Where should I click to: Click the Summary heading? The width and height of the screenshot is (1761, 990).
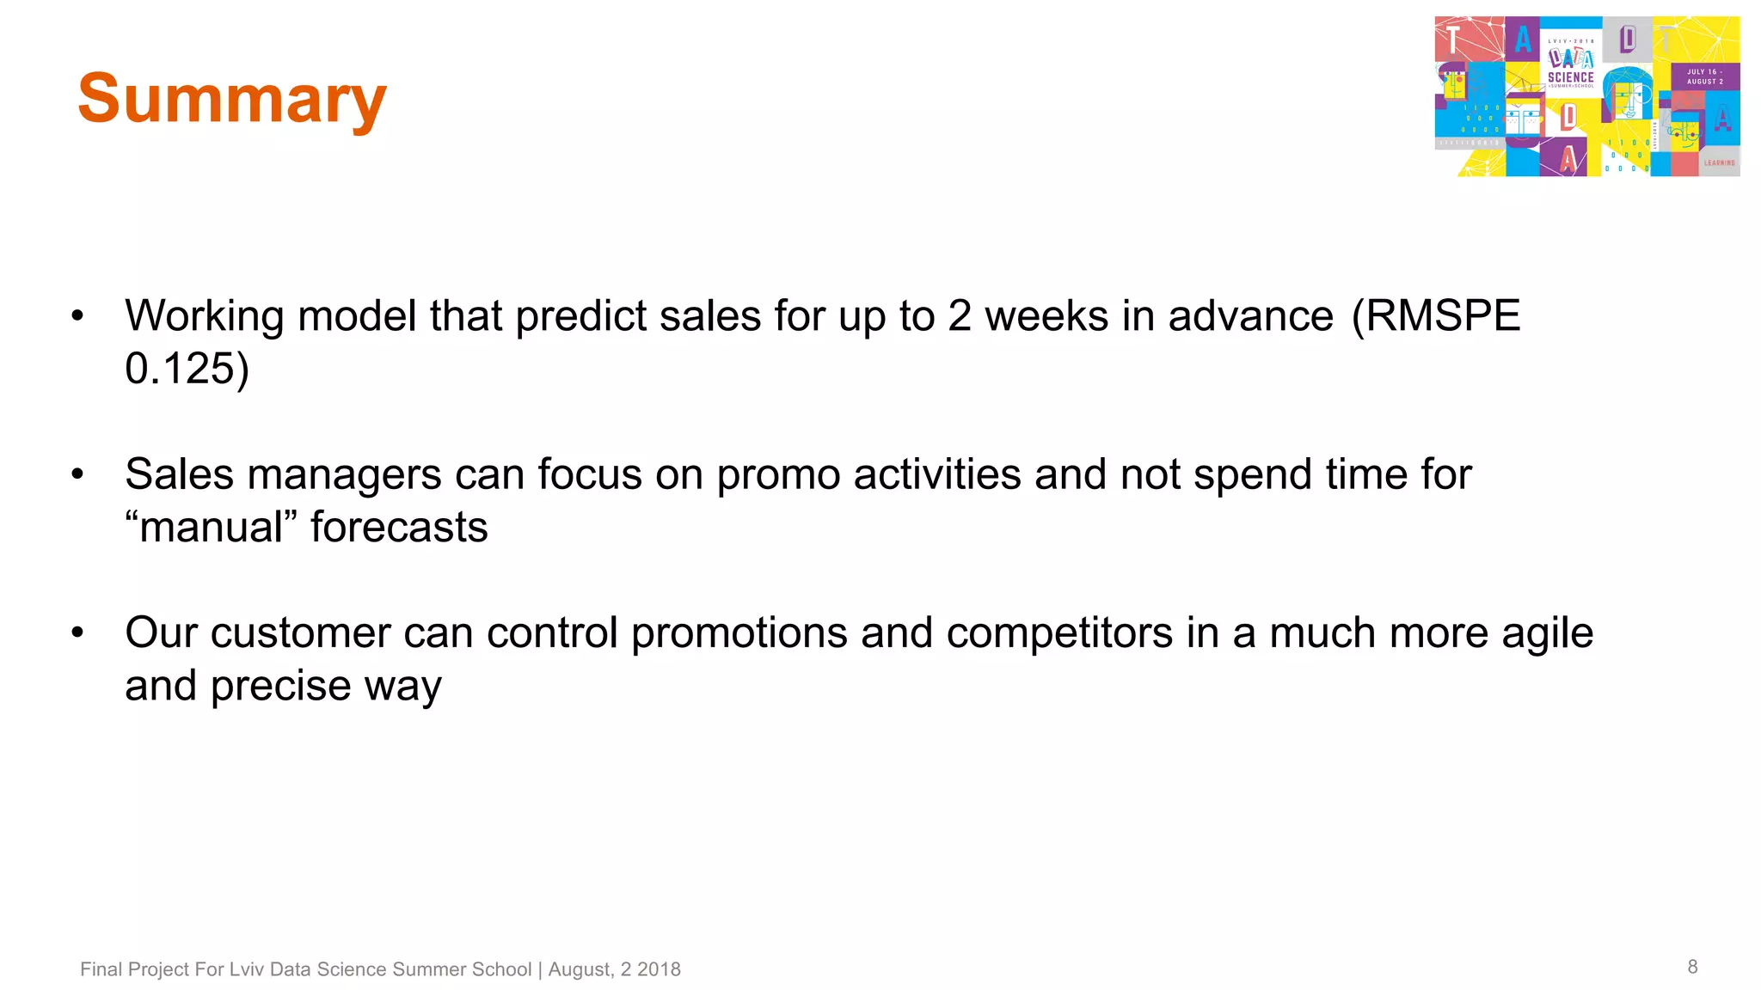(x=232, y=100)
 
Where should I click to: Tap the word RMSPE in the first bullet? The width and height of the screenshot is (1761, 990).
(x=1443, y=316)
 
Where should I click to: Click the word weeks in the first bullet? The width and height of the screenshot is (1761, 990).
(x=1046, y=316)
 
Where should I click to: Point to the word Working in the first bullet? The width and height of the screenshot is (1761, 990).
(x=204, y=316)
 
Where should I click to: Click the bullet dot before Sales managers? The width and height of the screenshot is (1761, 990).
(x=77, y=474)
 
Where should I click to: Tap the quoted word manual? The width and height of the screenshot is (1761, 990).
(x=211, y=528)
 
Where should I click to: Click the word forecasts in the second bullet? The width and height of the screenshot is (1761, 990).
(x=399, y=528)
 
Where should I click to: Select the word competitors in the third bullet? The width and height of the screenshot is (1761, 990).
(x=1059, y=633)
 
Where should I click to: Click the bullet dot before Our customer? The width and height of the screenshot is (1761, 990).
(x=77, y=633)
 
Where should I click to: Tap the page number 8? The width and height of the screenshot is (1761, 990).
(x=1692, y=967)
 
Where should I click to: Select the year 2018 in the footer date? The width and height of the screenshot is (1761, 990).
(x=659, y=969)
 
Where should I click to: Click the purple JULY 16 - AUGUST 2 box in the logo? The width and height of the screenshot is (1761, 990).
(x=1704, y=76)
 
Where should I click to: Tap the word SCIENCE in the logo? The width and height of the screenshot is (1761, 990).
(x=1570, y=77)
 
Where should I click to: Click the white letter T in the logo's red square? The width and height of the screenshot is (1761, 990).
(x=1452, y=40)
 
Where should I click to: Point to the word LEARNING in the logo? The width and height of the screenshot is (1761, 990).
(x=1720, y=162)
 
